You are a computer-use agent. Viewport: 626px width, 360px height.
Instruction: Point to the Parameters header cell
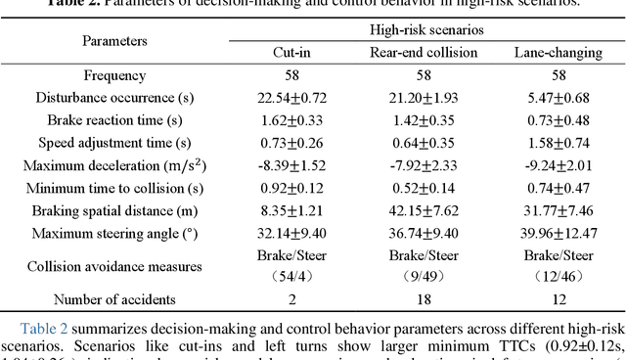point(115,41)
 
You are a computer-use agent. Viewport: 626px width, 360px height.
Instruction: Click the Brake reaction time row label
point(115,120)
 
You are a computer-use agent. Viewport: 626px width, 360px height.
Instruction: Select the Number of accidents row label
point(115,299)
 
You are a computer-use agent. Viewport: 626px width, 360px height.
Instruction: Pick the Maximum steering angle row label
point(115,233)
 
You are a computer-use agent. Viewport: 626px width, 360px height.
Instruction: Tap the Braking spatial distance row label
point(115,210)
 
